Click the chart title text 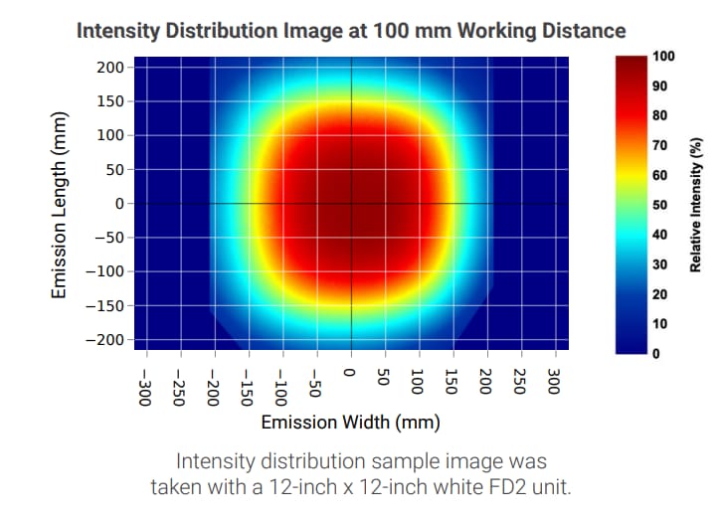coord(351,30)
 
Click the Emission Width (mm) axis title coord(350,423)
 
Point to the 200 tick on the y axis coord(111,67)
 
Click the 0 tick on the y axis coord(118,203)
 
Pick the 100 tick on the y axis coord(111,135)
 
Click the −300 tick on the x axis coord(146,383)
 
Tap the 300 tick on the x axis coord(555,381)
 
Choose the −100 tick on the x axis coord(282,383)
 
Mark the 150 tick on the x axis coord(452,381)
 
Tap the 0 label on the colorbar coord(656,354)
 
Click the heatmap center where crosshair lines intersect coord(350,203)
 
